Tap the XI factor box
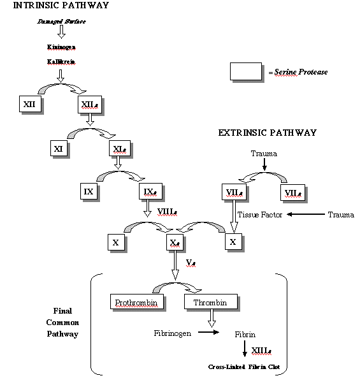(59, 149)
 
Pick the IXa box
(149, 191)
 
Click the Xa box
(175, 242)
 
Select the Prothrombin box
(135, 302)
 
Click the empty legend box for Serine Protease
(245, 71)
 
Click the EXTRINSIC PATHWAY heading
(267, 133)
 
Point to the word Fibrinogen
(172, 333)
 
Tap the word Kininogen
(60, 47)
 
